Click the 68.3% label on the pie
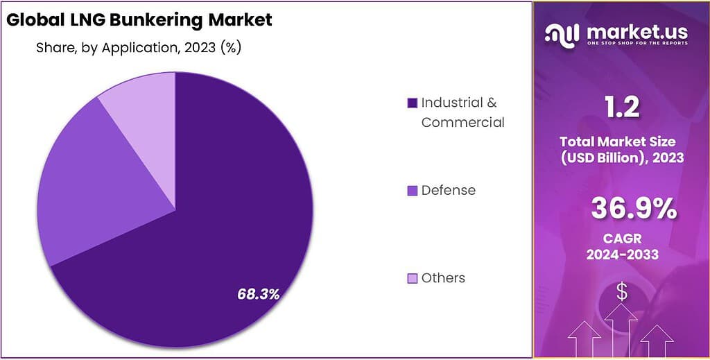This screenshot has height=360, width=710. (258, 294)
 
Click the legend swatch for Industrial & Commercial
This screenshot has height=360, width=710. (412, 103)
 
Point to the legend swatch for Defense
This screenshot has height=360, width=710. (412, 190)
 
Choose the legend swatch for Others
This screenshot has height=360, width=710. (412, 278)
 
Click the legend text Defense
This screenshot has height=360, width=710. (449, 190)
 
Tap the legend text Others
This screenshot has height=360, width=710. (444, 278)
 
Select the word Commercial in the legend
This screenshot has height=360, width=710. (463, 123)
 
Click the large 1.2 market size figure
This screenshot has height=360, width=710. (621, 107)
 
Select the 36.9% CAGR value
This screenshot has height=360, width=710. (634, 209)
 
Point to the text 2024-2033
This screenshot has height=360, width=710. (622, 255)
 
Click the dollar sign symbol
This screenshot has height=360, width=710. (621, 292)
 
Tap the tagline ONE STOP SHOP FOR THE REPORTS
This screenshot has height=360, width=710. (637, 44)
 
